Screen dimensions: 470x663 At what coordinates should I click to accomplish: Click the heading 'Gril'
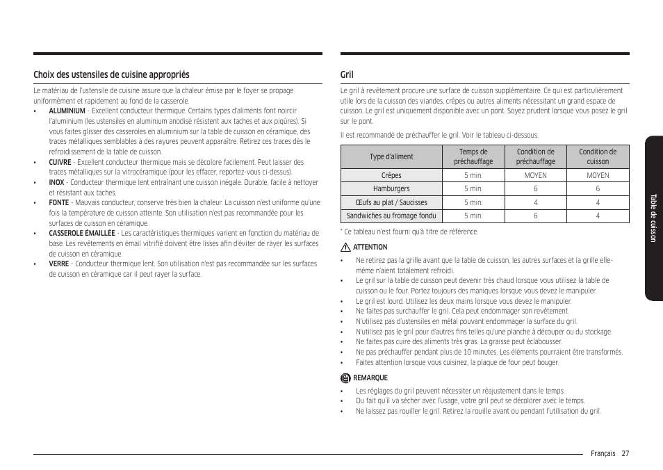[347, 74]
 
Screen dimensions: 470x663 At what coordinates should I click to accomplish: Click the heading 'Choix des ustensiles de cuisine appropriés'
[111, 74]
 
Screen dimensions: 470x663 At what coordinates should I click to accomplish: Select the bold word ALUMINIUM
[67, 111]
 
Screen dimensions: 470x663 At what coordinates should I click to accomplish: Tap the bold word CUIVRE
[60, 162]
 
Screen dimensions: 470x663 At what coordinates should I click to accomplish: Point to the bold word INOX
[56, 183]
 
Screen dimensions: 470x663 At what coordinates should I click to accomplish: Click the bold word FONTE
[58, 203]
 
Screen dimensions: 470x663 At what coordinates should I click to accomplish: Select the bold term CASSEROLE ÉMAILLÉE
[81, 234]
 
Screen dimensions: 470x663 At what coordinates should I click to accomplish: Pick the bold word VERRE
[58, 264]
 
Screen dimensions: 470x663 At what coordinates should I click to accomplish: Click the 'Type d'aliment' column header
[391, 157]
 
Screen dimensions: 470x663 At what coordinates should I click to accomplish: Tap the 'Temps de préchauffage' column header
[473, 157]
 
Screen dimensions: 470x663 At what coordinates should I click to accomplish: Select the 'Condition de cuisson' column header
[598, 157]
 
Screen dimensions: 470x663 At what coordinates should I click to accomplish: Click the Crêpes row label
[391, 176]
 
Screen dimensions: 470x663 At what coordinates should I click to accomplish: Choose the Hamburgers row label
[391, 189]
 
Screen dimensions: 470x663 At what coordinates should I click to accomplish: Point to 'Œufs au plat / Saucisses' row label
[391, 203]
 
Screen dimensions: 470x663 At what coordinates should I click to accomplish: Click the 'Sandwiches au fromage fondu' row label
[391, 216]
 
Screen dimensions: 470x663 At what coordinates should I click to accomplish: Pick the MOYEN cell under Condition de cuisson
[598, 176]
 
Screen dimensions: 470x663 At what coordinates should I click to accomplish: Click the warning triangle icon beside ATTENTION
[345, 248]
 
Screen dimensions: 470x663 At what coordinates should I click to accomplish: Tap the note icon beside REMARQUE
[345, 378]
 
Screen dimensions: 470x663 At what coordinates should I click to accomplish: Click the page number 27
[625, 453]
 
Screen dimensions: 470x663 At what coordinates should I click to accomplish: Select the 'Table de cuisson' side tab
[653, 218]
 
